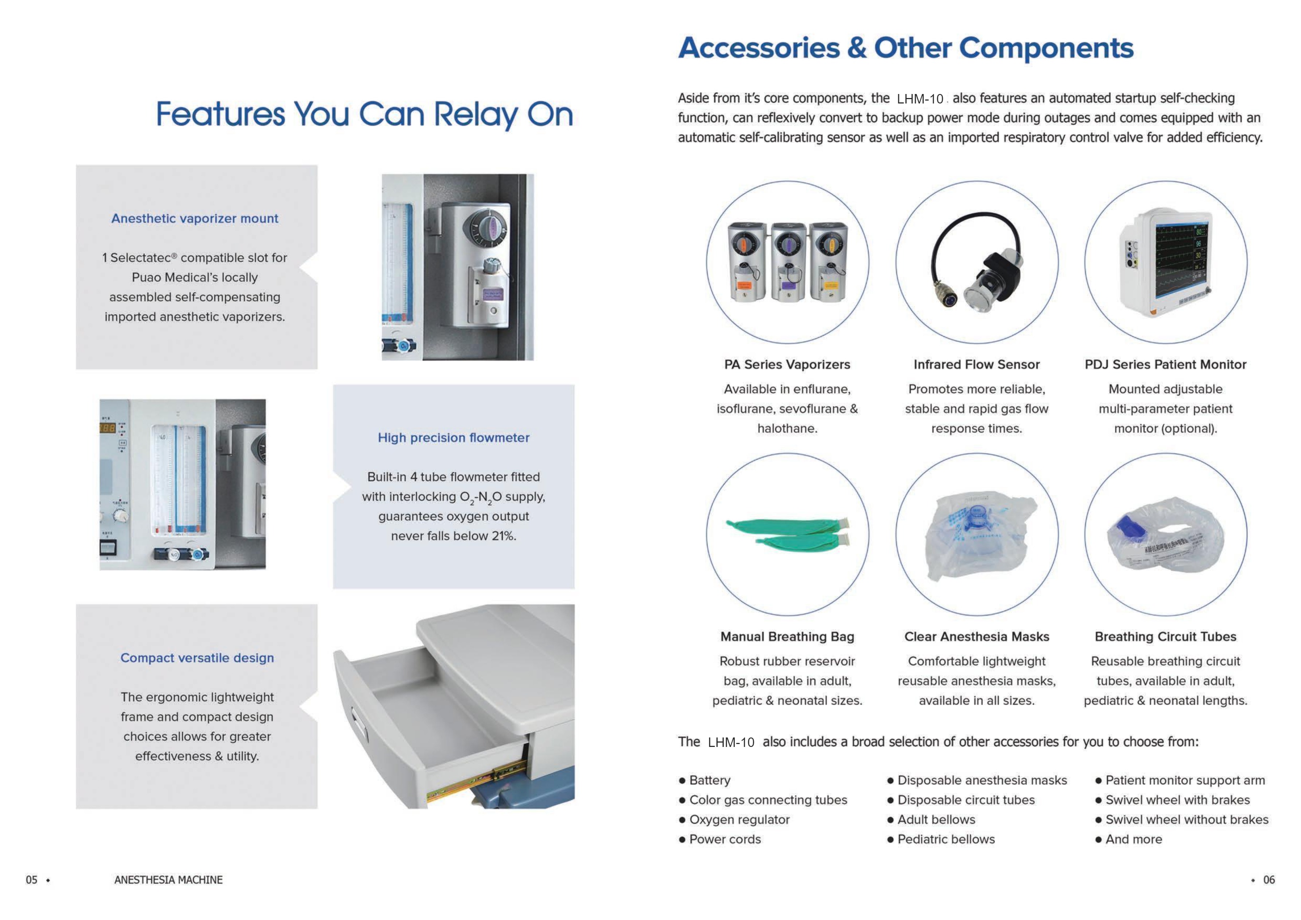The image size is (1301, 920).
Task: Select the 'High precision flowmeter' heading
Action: [453, 438]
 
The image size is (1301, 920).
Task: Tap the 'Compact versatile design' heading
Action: [197, 658]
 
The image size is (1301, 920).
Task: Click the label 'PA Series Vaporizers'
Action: [787, 365]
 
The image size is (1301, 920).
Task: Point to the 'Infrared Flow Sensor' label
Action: [976, 365]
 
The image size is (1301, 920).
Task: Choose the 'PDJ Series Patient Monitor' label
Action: [1165, 365]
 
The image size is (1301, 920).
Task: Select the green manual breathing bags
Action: [788, 533]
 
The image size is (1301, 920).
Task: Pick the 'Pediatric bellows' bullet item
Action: [946, 839]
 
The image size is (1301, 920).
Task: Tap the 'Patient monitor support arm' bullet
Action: [1185, 781]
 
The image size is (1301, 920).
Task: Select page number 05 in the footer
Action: [32, 880]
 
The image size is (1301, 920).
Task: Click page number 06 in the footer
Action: [1269, 880]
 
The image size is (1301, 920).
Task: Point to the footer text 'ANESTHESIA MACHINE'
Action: [168, 880]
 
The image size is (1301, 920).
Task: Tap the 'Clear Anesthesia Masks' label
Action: [976, 637]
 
